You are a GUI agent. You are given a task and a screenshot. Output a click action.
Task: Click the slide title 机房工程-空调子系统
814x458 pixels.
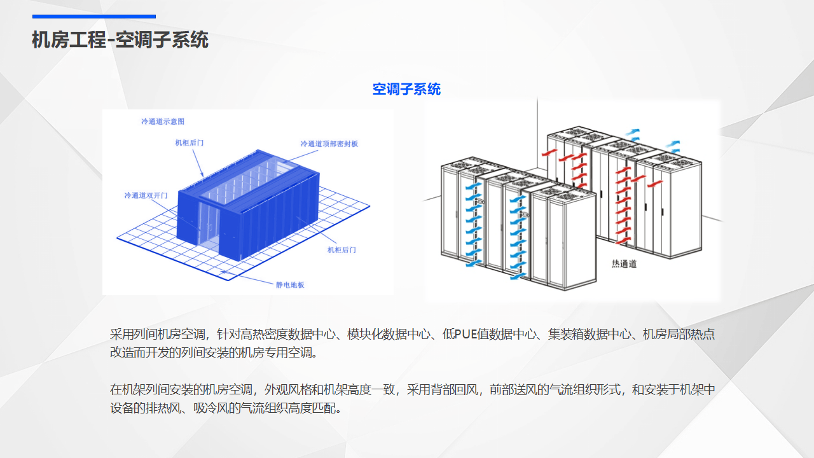120,40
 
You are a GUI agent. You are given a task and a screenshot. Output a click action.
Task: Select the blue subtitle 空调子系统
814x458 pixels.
406,89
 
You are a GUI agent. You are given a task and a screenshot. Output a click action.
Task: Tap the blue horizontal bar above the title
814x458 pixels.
94,17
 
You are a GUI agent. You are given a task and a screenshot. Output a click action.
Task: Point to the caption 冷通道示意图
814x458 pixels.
163,121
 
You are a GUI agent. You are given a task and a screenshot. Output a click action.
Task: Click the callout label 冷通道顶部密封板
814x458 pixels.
329,144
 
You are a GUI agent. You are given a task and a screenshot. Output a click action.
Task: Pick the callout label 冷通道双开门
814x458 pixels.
146,195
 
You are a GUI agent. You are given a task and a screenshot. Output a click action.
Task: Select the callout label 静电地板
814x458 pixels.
290,284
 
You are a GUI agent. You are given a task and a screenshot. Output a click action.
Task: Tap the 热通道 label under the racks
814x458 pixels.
624,263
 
